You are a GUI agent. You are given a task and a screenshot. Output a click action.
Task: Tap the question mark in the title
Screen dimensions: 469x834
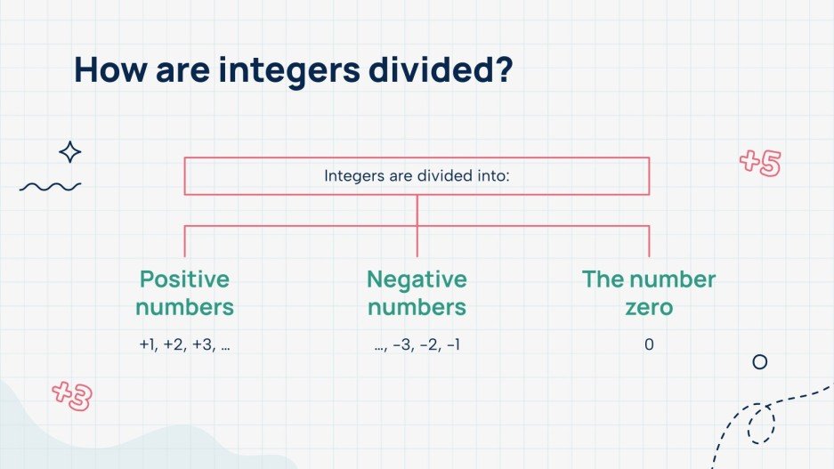[x=503, y=69]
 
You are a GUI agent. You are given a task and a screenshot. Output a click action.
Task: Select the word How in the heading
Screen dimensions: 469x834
[x=109, y=69]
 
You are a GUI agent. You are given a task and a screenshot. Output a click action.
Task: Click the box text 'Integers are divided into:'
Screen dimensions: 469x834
[x=417, y=175]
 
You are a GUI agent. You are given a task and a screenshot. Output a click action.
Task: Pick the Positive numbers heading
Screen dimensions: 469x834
[x=185, y=293]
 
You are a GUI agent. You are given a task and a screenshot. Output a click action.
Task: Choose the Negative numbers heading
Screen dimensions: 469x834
[x=417, y=293]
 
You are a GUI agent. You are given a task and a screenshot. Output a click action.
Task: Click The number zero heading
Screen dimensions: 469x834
[x=648, y=293]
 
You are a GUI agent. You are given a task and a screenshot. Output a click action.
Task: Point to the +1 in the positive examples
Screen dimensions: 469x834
[x=148, y=344]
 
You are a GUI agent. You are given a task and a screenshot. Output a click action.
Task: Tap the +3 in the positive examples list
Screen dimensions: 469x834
[x=202, y=344]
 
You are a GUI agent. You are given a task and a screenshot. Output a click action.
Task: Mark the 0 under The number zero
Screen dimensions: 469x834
[x=648, y=344]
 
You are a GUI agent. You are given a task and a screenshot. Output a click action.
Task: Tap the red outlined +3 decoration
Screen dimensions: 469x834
[x=72, y=394]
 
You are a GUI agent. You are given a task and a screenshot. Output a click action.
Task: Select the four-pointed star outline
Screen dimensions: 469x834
[x=69, y=152]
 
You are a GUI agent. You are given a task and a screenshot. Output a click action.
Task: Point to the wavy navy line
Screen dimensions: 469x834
[x=50, y=186]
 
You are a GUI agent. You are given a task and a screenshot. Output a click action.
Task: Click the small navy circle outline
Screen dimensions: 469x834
[x=759, y=362]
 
